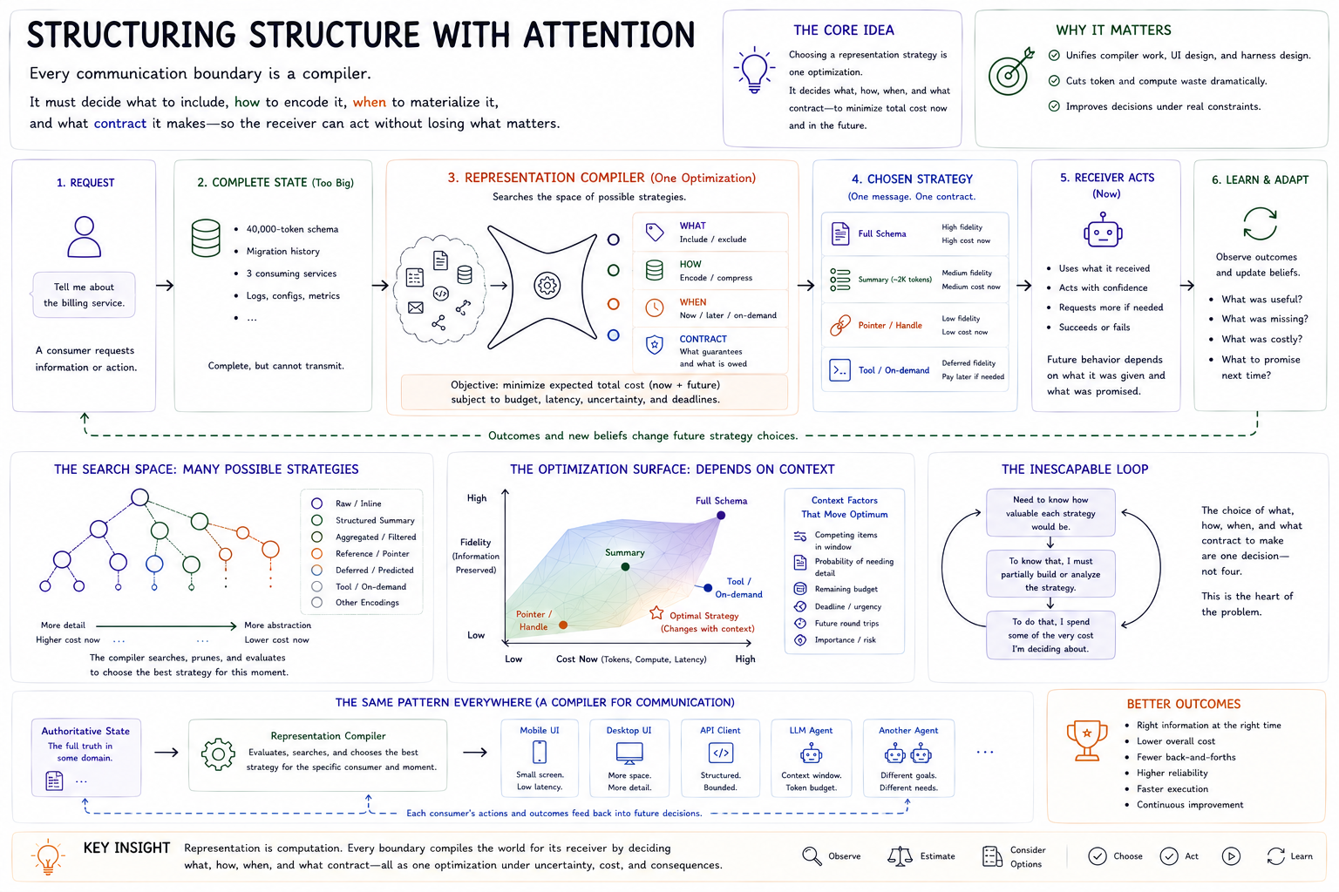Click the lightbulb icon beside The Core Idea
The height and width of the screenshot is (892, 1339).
pyautogui.click(x=754, y=70)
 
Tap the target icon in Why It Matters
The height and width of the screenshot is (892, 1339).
pyautogui.click(x=1011, y=71)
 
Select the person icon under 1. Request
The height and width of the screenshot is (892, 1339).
pyautogui.click(x=85, y=237)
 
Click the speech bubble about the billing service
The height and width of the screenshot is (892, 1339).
pyautogui.click(x=83, y=294)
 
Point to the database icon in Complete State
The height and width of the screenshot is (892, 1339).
pyautogui.click(x=206, y=238)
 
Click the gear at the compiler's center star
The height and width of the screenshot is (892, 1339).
pyautogui.click(x=547, y=286)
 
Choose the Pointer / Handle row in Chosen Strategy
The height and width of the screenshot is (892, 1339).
pyautogui.click(x=914, y=325)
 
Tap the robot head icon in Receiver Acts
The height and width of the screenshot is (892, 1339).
pyautogui.click(x=1103, y=230)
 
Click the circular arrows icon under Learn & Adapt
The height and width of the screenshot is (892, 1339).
pyautogui.click(x=1260, y=224)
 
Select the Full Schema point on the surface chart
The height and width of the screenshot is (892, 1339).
pyautogui.click(x=721, y=515)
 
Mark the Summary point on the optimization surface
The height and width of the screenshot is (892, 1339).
pyautogui.click(x=625, y=566)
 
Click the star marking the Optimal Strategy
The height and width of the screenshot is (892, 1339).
pyautogui.click(x=656, y=613)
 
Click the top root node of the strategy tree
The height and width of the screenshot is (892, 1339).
pyautogui.click(x=139, y=497)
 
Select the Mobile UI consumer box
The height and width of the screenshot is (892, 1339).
pyautogui.click(x=540, y=758)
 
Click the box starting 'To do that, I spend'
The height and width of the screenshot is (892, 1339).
pyautogui.click(x=1050, y=635)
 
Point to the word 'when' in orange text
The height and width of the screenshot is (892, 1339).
pyautogui.click(x=370, y=102)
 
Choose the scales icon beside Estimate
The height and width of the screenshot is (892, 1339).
pyautogui.click(x=900, y=856)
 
